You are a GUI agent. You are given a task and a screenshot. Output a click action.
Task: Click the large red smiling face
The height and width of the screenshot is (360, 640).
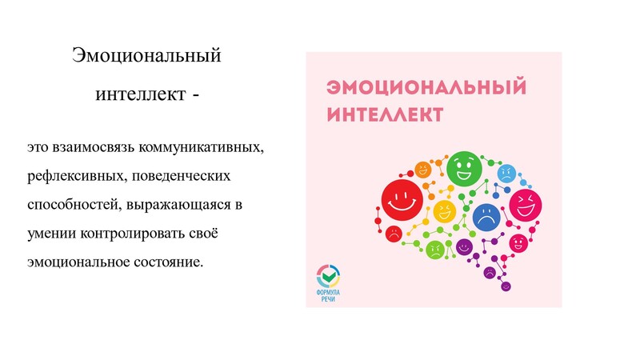click(x=402, y=200)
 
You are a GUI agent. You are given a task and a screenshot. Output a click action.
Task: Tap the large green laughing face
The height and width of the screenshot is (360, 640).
click(x=465, y=169)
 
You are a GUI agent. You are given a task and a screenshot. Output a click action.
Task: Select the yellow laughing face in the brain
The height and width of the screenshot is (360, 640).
click(x=445, y=211)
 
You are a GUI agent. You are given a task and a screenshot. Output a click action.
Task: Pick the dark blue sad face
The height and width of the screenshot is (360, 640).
click(x=486, y=218)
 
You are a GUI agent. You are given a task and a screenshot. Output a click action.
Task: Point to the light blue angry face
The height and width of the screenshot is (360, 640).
click(x=506, y=174)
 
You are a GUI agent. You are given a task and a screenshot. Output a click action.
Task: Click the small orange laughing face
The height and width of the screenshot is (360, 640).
click(x=423, y=170)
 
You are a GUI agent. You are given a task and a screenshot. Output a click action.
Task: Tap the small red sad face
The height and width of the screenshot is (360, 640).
click(x=394, y=234)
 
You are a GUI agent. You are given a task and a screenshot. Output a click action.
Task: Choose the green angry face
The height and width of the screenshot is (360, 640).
click(x=435, y=250)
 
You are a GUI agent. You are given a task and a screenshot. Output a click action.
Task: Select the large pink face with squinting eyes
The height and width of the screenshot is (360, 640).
click(x=526, y=205)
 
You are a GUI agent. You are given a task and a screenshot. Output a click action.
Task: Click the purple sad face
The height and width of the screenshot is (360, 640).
click(x=490, y=272)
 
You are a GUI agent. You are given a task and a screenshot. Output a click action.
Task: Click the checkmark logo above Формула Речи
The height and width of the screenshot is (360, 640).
click(x=328, y=276)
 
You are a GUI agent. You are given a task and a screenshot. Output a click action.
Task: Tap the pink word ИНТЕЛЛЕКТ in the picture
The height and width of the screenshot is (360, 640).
click(x=385, y=114)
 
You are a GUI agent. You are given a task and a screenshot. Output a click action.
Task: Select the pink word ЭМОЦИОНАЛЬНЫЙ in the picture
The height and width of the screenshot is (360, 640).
click(x=426, y=87)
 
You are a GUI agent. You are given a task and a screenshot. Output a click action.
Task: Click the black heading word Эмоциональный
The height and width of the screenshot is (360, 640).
click(x=146, y=55)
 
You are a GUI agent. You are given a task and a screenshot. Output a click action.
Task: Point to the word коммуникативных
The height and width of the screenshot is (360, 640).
click(x=202, y=146)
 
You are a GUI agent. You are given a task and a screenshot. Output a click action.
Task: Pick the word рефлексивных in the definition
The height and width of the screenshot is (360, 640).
click(x=76, y=176)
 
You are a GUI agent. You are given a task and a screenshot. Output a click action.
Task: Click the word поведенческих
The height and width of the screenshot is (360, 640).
click(x=182, y=176)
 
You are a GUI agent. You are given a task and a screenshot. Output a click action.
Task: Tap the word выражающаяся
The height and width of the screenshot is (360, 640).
click(x=178, y=205)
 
